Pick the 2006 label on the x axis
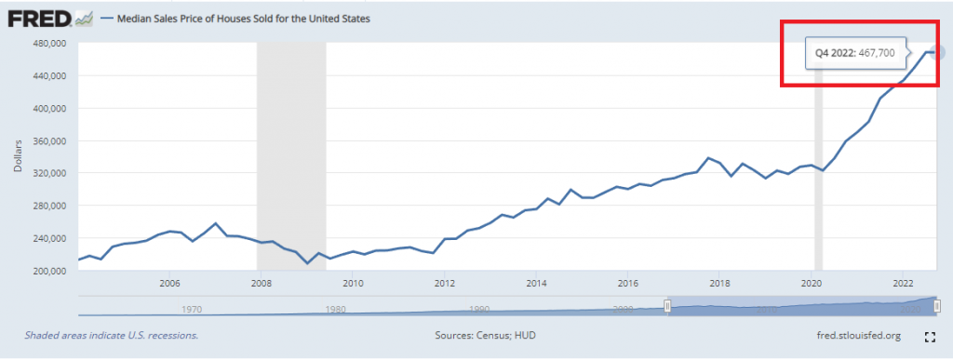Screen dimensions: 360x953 (x=169, y=284)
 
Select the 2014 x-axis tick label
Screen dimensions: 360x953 (x=535, y=284)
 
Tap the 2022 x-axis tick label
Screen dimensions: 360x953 (x=902, y=284)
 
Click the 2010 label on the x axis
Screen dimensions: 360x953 (x=353, y=284)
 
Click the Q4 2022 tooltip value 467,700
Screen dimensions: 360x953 (x=874, y=53)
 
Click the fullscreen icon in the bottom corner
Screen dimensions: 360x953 (x=929, y=336)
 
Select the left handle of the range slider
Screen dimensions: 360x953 (x=666, y=306)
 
